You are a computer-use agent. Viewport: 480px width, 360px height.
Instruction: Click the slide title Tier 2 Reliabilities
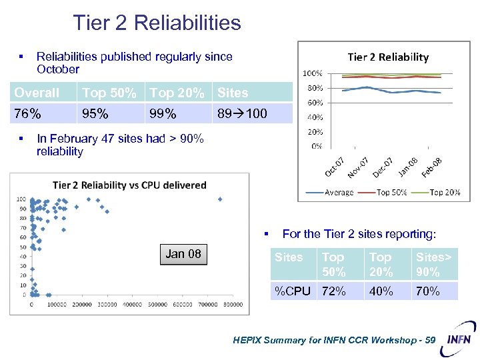157,23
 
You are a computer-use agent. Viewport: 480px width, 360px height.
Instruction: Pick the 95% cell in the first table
95,114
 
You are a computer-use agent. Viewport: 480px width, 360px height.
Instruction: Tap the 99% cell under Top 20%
163,114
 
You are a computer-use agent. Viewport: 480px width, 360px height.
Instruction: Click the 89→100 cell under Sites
242,114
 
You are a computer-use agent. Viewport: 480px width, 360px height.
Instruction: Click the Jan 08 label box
183,254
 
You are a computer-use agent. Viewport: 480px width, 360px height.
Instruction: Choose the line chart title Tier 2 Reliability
388,57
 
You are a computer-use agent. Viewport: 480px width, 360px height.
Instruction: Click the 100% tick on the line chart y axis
313,73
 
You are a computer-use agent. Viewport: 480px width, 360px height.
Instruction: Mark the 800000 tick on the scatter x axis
233,305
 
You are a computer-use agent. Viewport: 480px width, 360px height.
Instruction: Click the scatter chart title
129,185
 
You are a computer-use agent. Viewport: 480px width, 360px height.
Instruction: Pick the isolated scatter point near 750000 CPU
220,199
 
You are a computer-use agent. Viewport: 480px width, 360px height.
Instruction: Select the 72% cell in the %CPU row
333,291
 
